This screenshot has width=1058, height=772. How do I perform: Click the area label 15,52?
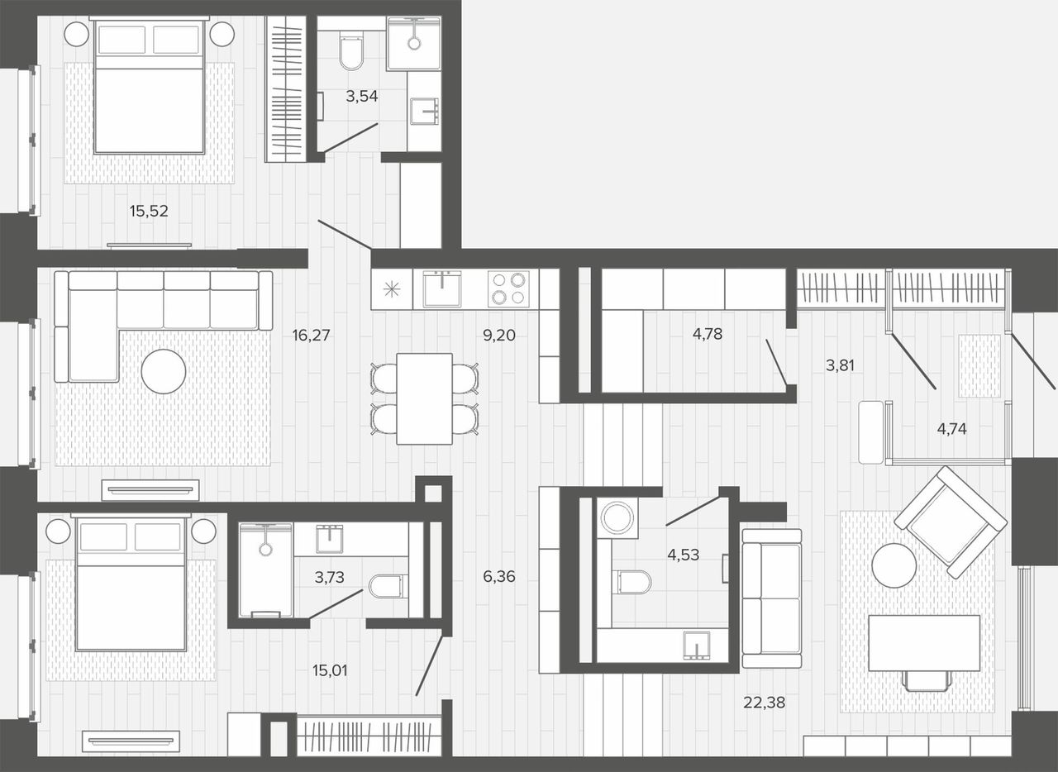[149, 212]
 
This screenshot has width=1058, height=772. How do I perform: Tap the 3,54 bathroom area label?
[362, 97]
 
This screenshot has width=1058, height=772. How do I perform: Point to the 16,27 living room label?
[311, 336]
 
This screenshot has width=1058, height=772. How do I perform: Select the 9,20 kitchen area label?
[498, 336]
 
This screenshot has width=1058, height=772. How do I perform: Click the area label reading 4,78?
[708, 335]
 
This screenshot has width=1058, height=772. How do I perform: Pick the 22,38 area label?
[765, 703]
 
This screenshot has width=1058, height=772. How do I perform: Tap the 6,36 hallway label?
[499, 576]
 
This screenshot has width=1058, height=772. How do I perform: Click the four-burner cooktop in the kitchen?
[508, 288]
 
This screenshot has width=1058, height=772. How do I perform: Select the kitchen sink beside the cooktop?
[441, 288]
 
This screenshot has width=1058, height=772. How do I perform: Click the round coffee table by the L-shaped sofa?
[164, 371]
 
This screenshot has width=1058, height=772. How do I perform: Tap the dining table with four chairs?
[424, 398]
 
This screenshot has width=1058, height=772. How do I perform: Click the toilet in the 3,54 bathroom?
[351, 51]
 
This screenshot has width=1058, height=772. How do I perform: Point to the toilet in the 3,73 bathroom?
[388, 587]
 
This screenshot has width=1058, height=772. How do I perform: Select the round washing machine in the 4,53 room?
[617, 517]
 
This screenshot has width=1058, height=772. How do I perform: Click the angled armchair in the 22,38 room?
[951, 522]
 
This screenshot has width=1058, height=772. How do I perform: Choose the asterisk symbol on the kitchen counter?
[392, 289]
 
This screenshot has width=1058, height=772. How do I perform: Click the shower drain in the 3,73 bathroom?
[265, 549]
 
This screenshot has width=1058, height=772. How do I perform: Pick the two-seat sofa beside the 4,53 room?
[772, 598]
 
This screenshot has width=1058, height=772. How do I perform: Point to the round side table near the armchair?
[894, 565]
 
